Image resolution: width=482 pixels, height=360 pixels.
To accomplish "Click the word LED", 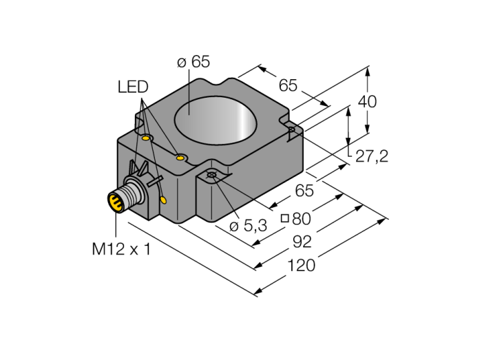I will (133, 87).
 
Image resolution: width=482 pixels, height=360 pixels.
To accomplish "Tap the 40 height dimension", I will (368, 101).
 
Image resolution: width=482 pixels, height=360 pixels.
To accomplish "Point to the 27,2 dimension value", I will (372, 156).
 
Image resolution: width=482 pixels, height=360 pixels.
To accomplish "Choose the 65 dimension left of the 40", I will (288, 85).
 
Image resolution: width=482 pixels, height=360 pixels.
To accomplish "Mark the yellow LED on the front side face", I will (163, 200).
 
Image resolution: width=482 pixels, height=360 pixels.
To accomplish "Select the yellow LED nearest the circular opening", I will (180, 158).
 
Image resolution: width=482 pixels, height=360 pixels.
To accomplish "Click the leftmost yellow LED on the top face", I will (146, 138).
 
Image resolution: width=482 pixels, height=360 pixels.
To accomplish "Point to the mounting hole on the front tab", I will (212, 176).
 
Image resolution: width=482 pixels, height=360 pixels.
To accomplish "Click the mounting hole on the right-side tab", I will (292, 129).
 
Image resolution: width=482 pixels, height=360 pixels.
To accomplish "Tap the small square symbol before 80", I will (284, 220).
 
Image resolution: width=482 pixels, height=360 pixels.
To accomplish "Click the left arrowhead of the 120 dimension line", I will (257, 293).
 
